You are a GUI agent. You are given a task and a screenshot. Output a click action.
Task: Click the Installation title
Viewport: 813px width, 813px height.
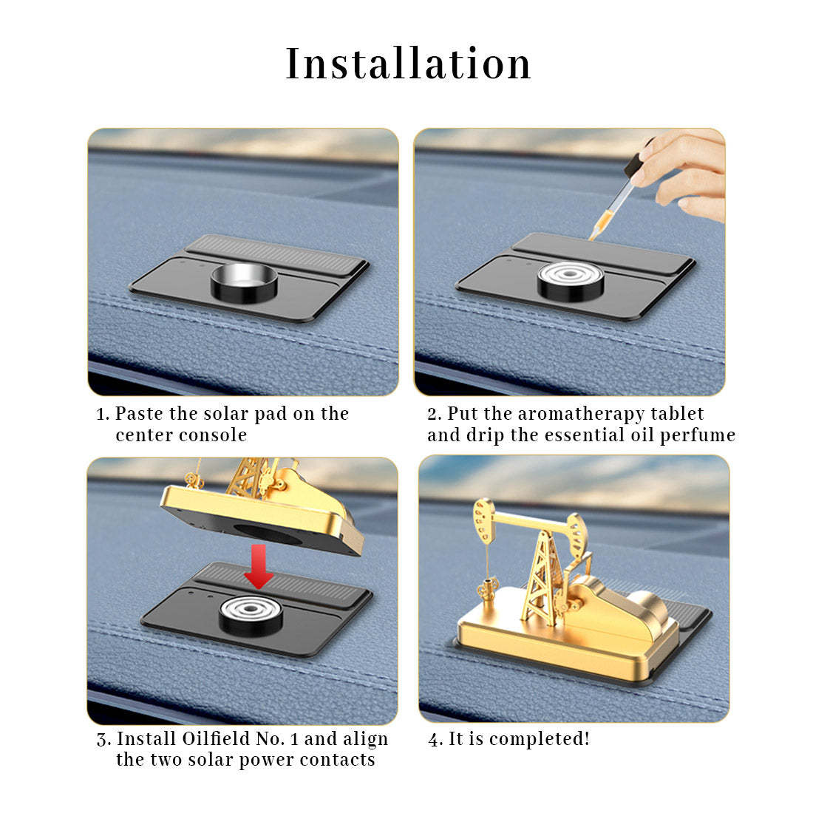tap(408, 64)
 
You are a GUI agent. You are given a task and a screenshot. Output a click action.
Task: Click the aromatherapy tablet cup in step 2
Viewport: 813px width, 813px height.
tap(571, 281)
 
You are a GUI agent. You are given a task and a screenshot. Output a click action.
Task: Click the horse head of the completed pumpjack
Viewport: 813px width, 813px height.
tap(483, 517)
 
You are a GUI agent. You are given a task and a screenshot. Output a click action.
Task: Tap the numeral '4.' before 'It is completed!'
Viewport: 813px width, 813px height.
tap(435, 739)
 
